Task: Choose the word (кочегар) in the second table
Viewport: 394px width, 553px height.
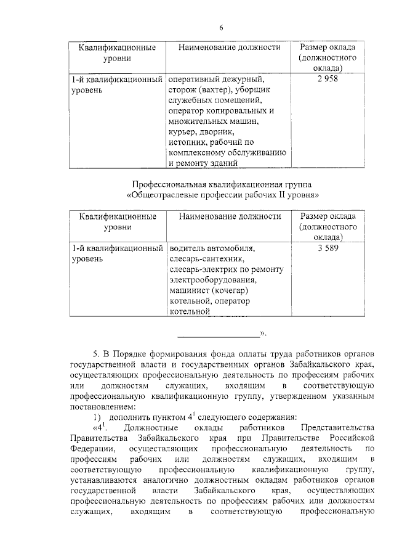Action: [x=229, y=290]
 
